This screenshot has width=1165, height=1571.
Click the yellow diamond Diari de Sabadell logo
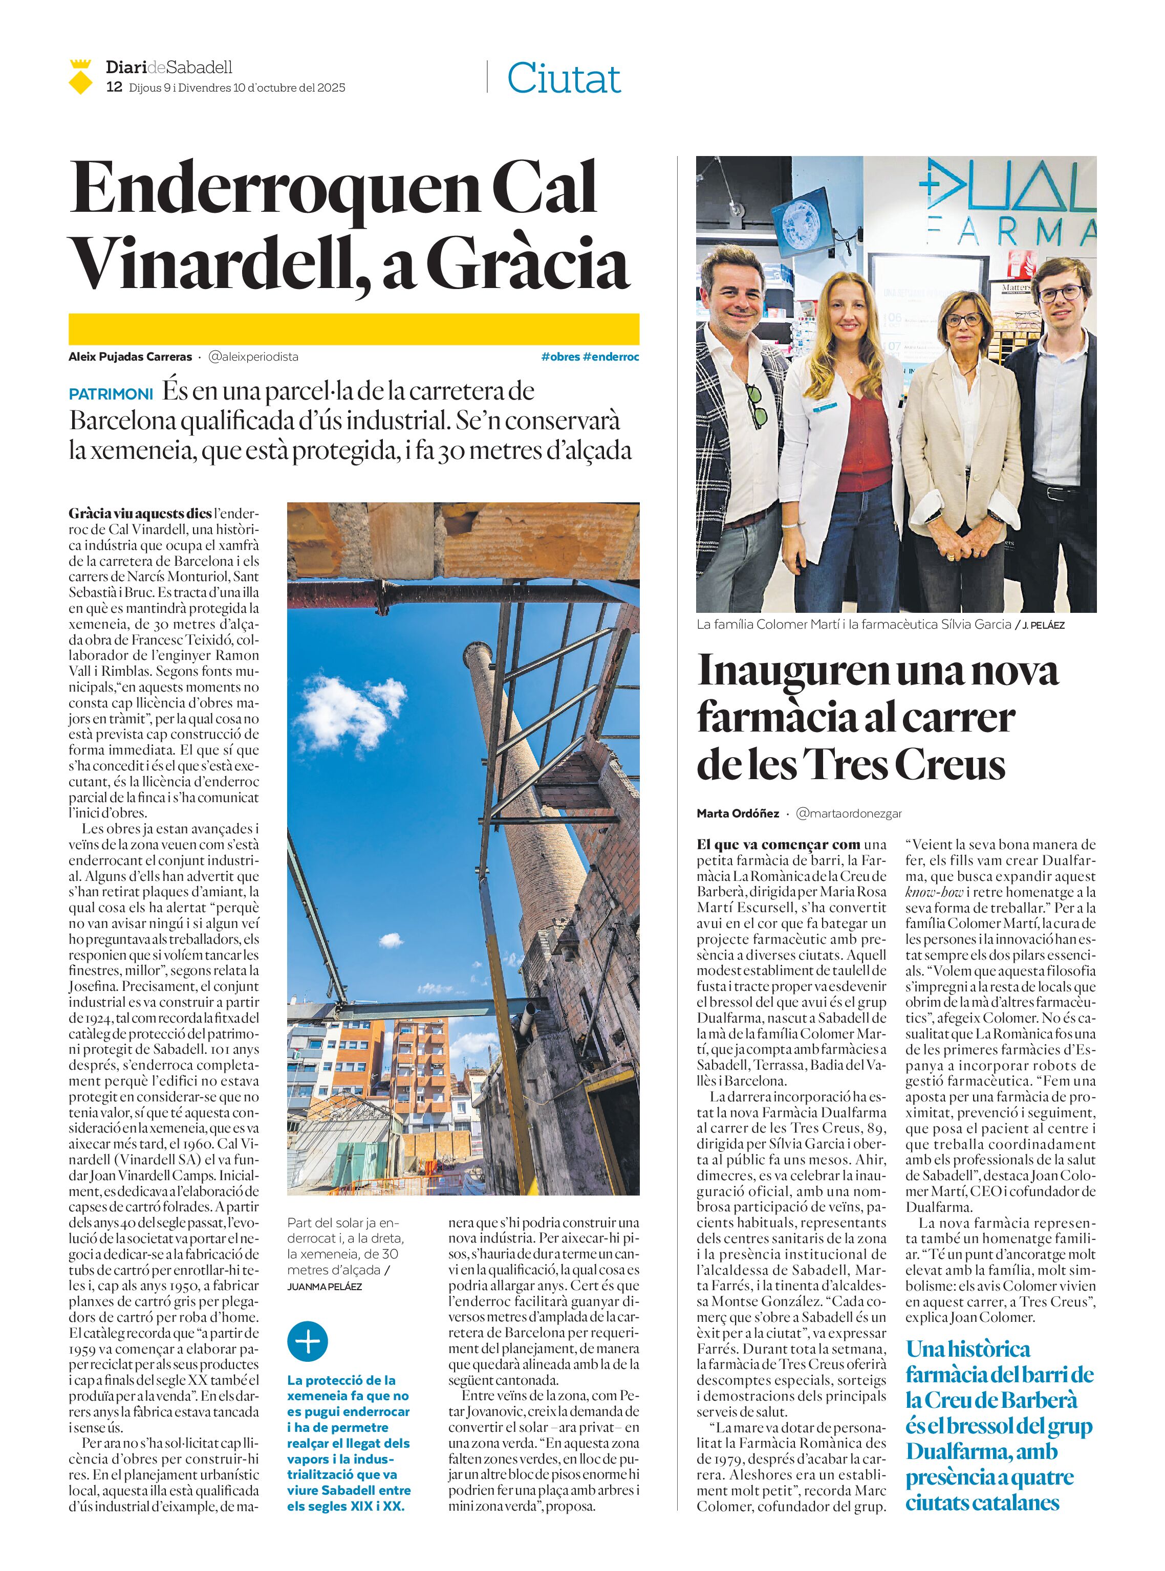coord(80,78)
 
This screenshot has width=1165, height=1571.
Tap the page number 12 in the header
coord(114,87)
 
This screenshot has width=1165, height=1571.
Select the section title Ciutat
coord(564,78)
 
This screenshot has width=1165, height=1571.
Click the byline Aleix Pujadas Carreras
coord(130,357)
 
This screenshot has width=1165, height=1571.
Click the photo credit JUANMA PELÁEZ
coord(325,1286)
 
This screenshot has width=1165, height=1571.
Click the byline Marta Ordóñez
coord(738,813)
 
